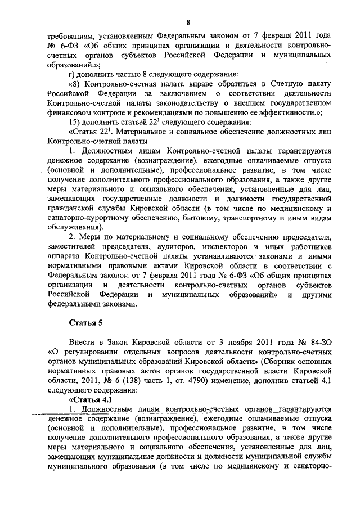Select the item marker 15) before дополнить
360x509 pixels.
(75, 121)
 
